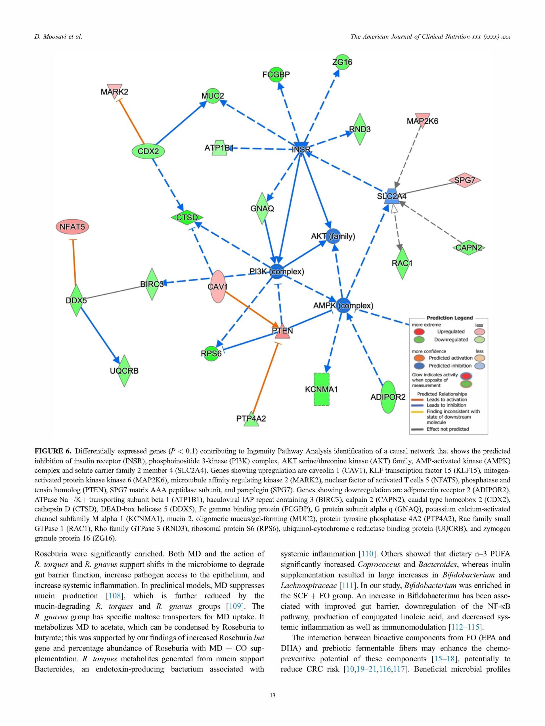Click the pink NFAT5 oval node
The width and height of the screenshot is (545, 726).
[72, 227]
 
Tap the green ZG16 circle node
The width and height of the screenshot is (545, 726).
[342, 62]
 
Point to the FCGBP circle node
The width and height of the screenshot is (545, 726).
[276, 75]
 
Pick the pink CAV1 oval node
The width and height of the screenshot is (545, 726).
[218, 286]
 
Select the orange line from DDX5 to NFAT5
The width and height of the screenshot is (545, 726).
[74, 263]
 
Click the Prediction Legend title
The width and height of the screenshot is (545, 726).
[449, 318]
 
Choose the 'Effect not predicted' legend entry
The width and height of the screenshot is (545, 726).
[447, 429]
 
